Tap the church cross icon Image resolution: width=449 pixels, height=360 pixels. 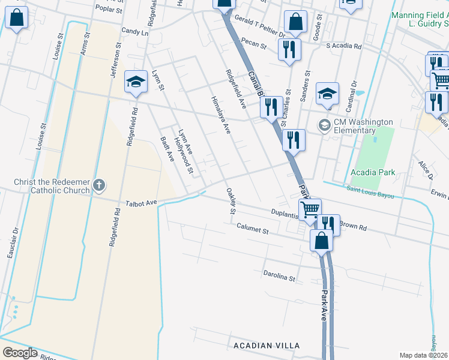coord(100,186)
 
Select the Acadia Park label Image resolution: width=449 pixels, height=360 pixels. coord(373,172)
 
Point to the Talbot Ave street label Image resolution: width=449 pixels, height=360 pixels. coord(141,203)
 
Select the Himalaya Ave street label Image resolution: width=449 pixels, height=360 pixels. coord(220,115)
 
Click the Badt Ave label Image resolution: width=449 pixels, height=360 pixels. coord(167,148)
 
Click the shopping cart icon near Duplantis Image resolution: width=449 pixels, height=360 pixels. coord(310,210)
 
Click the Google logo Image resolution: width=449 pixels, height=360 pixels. coord(19,353)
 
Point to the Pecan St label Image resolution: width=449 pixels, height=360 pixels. coord(254,43)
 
